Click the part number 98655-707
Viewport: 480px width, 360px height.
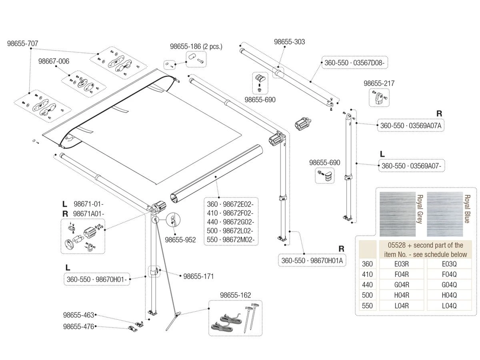click(23, 44)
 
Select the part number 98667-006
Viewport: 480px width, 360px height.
click(54, 61)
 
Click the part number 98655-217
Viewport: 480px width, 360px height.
click(379, 83)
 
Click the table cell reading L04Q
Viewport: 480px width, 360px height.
click(449, 306)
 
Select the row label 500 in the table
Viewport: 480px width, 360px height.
click(367, 295)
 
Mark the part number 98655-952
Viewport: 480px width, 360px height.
click(180, 240)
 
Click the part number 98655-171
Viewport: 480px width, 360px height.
click(198, 276)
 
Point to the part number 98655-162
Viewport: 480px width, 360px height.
click(235, 295)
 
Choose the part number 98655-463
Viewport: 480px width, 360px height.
click(78, 316)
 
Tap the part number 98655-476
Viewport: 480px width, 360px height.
click(78, 326)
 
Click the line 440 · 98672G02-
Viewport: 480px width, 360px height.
click(230, 222)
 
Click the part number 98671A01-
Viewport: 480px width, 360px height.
click(88, 214)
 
